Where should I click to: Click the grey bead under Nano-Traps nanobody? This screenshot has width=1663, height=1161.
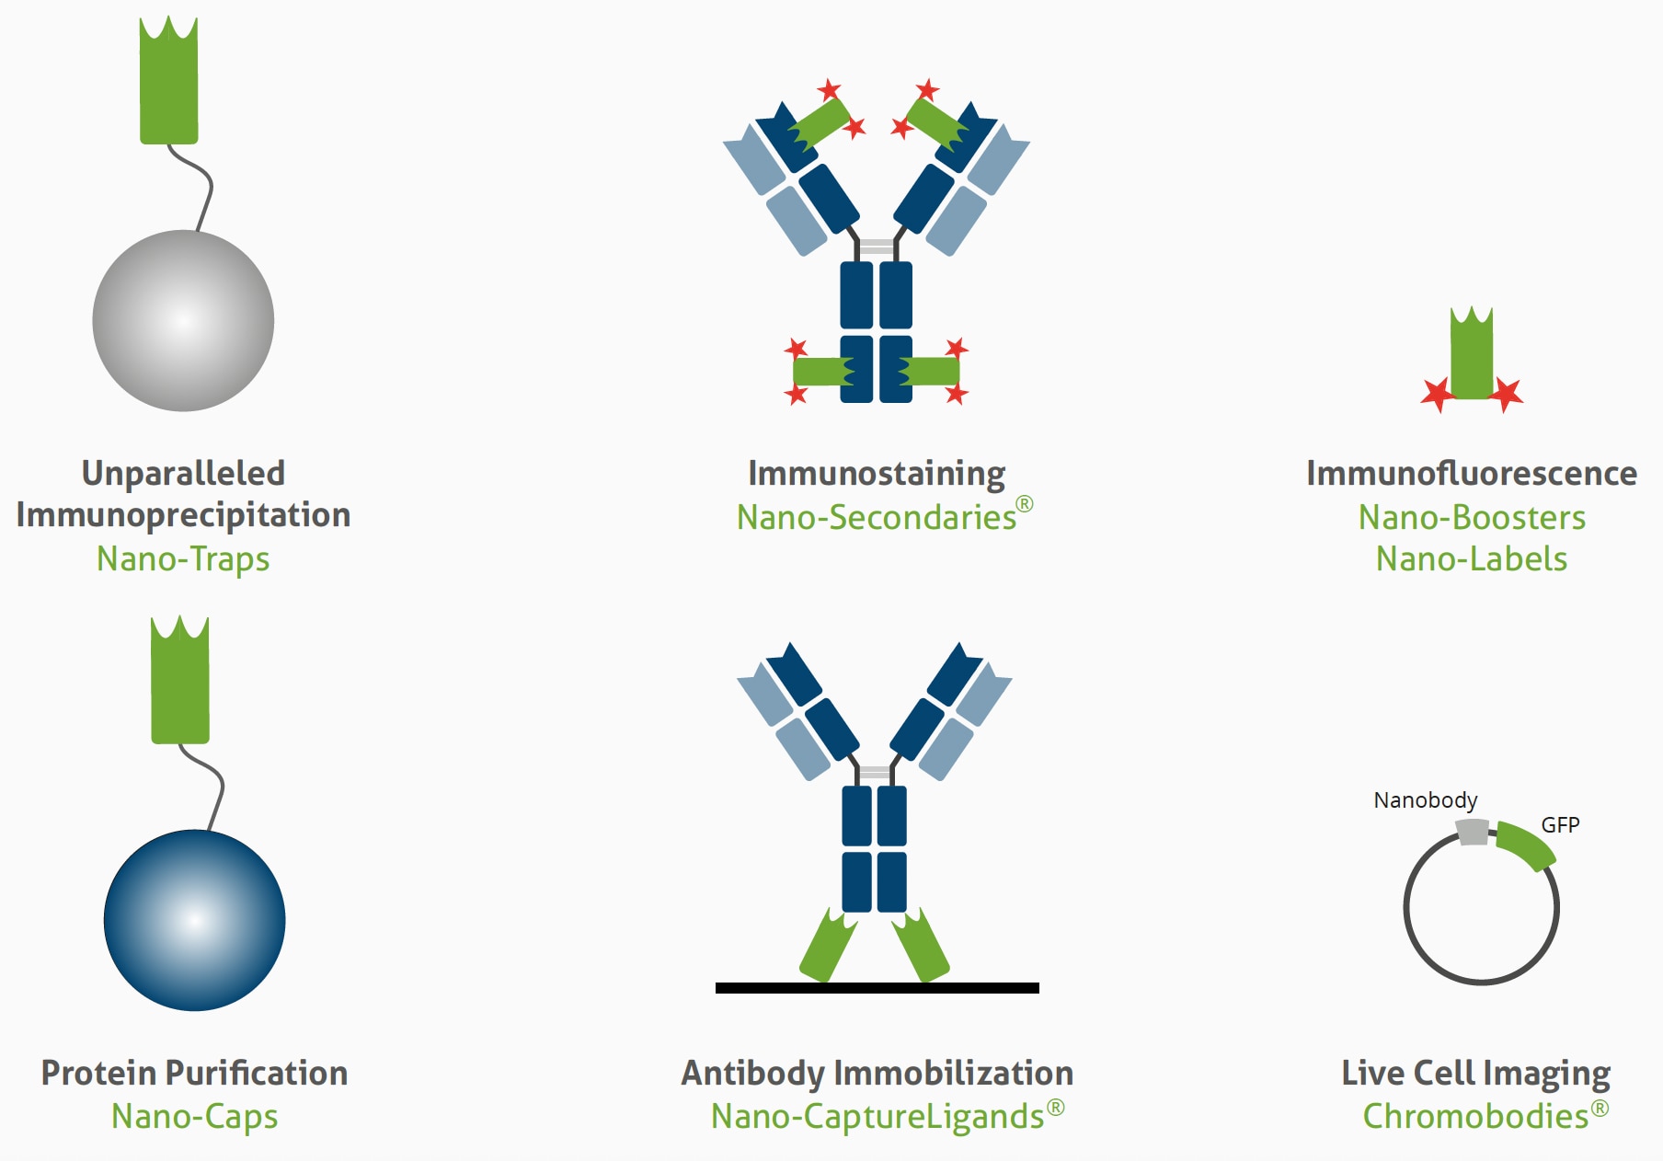pos(183,320)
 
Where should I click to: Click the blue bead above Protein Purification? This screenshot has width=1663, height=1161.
pos(194,920)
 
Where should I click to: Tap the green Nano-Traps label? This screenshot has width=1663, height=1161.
pos(183,559)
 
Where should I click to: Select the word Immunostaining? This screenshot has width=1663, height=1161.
pos(876,474)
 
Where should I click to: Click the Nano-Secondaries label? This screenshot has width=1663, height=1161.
pos(876,517)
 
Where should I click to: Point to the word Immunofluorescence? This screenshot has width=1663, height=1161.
pos(1471,474)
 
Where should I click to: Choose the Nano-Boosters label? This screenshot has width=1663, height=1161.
pos(1472,517)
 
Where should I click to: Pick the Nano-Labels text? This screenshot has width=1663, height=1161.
pos(1472,559)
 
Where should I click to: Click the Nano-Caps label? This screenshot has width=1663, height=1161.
pos(194,1117)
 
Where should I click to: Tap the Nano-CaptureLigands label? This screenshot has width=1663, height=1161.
pos(878,1117)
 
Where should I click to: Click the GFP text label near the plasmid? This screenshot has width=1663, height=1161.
pos(1560,825)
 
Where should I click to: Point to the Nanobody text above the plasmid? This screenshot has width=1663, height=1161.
pos(1425,800)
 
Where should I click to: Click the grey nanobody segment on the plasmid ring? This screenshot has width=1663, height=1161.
pos(1474,833)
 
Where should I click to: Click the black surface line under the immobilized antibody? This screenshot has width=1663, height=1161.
pos(877,988)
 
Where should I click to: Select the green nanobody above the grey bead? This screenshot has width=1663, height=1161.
pos(168,87)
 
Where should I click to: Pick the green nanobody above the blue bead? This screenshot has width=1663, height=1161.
pos(179,685)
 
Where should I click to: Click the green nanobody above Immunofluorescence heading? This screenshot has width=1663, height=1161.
pos(1471,357)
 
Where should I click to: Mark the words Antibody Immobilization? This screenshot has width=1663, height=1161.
pos(877,1074)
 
